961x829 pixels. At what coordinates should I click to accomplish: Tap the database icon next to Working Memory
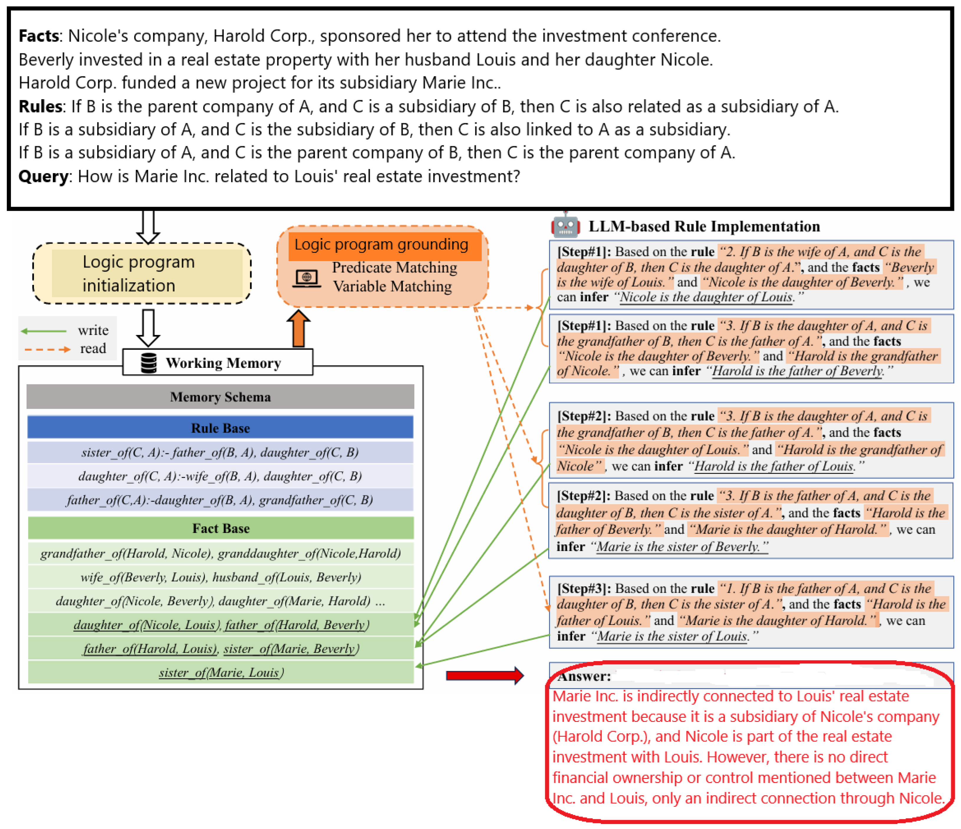[x=149, y=363]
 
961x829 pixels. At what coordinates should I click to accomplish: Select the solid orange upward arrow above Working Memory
[x=298, y=329]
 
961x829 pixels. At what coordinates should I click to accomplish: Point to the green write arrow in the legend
[x=44, y=331]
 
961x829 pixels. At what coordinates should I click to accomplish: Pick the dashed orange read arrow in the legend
[x=47, y=349]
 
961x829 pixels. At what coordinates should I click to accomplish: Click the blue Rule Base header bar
[x=220, y=428]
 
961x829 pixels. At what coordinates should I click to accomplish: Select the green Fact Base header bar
[x=220, y=528]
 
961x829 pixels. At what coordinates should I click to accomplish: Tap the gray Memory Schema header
[x=220, y=397]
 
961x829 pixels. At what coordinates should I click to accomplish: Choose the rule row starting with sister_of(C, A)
[x=220, y=452]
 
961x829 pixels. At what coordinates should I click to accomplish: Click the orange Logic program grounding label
[x=381, y=244]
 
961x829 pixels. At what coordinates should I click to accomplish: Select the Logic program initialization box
[x=142, y=274]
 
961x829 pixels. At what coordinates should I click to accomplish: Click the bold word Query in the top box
[x=43, y=176]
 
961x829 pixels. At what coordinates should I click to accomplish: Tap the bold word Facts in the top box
[x=39, y=36]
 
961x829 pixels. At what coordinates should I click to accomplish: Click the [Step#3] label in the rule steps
[x=584, y=588]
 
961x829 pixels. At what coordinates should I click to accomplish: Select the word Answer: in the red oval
[x=583, y=676]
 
